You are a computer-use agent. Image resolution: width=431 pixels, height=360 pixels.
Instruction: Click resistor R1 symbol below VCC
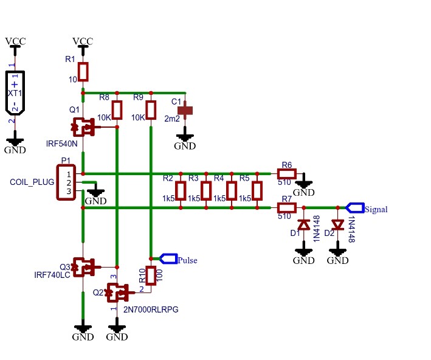[x=83, y=72]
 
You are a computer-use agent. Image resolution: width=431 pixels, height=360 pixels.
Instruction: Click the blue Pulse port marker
[x=168, y=258]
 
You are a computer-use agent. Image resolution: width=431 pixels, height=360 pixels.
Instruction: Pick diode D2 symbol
[x=337, y=225]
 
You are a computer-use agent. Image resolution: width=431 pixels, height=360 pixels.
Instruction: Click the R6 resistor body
[x=286, y=174]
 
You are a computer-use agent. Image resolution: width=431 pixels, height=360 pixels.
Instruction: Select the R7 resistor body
[x=286, y=208]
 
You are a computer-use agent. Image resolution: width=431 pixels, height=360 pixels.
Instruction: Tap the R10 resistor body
[x=151, y=275]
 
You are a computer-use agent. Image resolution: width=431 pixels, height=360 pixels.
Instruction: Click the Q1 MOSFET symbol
[x=83, y=127]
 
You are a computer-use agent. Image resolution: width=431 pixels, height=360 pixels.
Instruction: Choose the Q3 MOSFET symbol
[x=83, y=267]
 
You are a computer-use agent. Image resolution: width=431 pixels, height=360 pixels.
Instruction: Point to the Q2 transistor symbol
[x=117, y=292]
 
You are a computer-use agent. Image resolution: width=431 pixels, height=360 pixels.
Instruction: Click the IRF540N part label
[x=62, y=145]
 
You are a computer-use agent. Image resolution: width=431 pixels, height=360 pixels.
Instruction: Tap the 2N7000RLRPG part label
[x=151, y=310]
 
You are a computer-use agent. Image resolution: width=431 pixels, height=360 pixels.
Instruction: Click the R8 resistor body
[x=117, y=111]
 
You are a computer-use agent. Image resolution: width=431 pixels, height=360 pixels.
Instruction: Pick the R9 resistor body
[x=151, y=111]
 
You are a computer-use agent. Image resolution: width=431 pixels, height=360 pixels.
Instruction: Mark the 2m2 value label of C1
[x=172, y=119]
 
